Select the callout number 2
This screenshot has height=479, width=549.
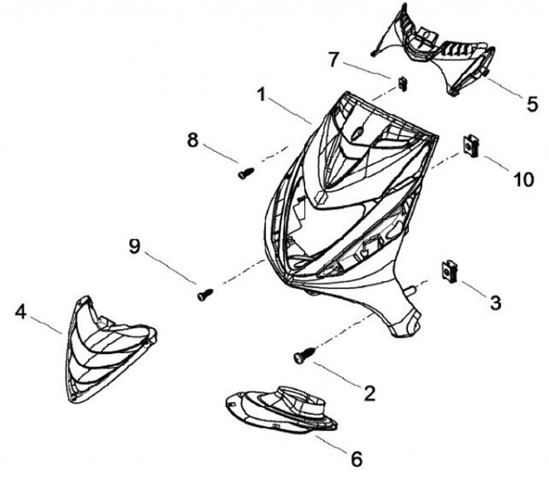(370, 393)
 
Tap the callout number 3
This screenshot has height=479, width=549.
(495, 303)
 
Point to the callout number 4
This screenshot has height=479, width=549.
(21, 311)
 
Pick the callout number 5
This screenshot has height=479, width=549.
(532, 103)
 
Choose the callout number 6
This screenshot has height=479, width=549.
(356, 459)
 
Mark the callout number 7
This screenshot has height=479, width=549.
(332, 58)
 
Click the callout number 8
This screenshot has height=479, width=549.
(192, 140)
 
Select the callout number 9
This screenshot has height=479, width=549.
(134, 246)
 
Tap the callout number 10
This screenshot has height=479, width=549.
(524, 179)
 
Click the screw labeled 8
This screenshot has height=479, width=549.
(245, 173)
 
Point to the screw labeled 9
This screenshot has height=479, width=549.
(204, 293)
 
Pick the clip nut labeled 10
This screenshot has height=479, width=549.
(470, 144)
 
